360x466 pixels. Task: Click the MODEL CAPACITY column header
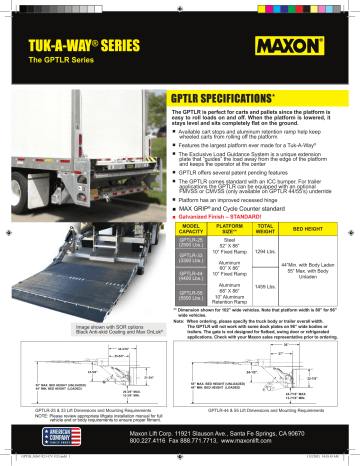(196, 231)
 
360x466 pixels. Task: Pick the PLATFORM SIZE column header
(239, 231)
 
